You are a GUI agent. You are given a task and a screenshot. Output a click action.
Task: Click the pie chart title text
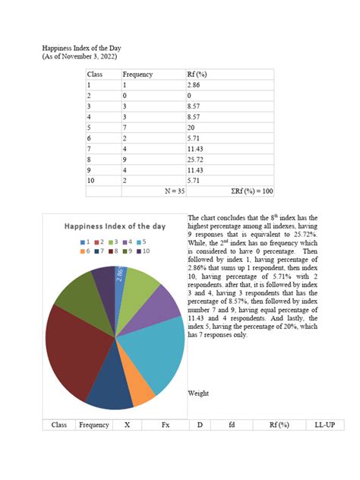tap(114, 226)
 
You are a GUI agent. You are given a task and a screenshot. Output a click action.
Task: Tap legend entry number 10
tap(144, 250)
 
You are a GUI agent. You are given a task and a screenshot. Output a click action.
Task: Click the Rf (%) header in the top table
tap(197, 74)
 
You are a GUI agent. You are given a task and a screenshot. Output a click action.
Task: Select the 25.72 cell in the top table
tap(195, 160)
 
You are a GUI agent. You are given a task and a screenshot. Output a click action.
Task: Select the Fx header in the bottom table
tap(165, 425)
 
